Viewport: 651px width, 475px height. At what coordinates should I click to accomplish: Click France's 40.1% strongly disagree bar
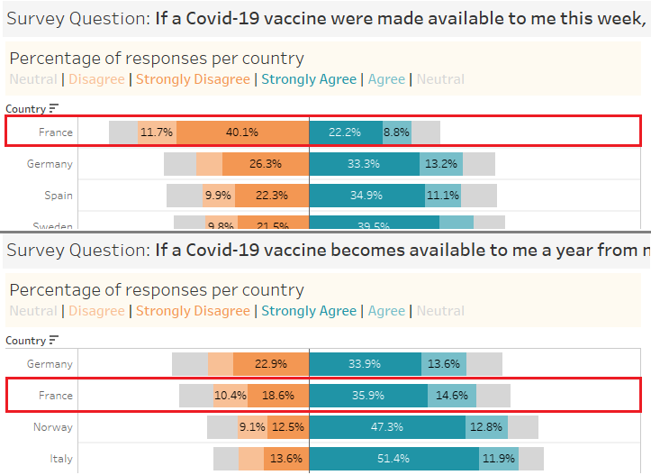coord(242,132)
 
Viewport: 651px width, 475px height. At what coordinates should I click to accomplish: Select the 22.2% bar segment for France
coord(345,132)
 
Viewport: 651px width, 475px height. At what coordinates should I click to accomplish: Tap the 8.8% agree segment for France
coord(397,132)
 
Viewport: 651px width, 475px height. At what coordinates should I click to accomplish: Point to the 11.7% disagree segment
coord(157,132)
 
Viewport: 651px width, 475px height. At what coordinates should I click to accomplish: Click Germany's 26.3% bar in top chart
coord(266,164)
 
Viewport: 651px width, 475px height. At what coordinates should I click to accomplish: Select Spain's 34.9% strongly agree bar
coord(366,195)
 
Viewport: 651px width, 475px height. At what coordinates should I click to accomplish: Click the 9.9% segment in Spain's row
coord(218,195)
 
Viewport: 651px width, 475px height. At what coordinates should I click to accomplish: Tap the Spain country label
coord(59,195)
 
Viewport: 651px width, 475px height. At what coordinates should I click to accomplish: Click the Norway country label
coord(56,427)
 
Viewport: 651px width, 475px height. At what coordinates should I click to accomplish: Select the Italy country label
coord(60,459)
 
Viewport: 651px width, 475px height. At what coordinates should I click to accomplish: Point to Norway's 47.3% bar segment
coord(387,427)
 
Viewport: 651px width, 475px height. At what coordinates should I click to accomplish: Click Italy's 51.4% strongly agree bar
coord(393,459)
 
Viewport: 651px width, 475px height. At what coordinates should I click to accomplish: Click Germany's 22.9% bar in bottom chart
coord(271,364)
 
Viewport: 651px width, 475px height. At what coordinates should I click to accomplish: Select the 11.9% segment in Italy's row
coord(499,459)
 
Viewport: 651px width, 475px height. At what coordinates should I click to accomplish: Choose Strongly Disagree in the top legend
coord(193,79)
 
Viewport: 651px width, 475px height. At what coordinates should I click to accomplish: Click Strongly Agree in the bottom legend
coord(309,311)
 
